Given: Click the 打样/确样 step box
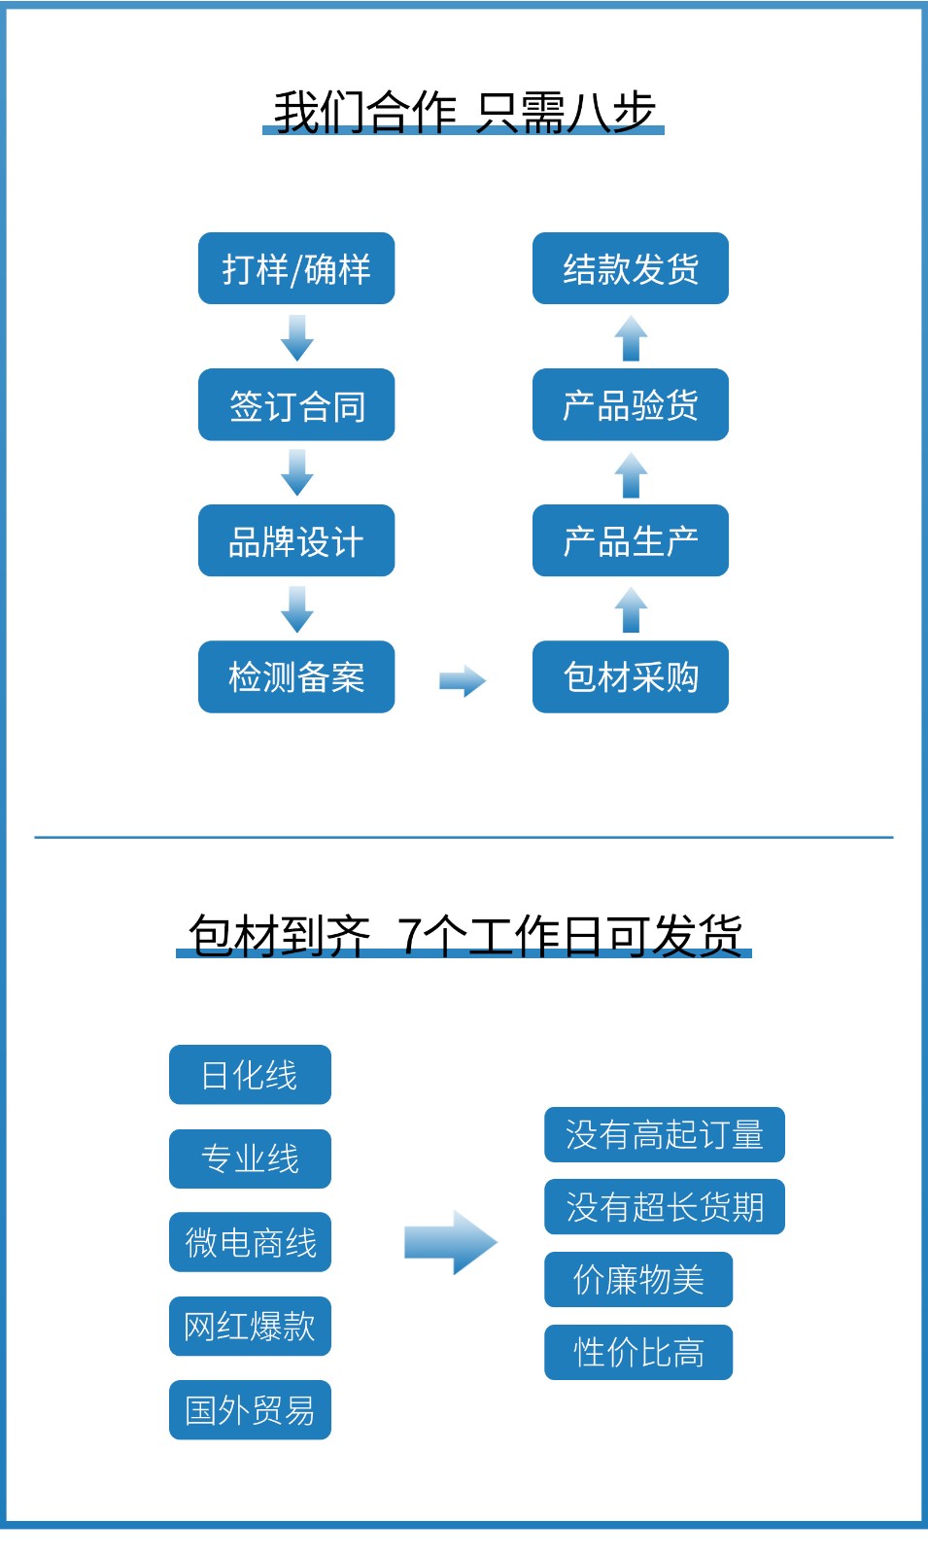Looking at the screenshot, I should click(x=296, y=268).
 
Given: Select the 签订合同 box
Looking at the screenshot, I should click(x=296, y=404).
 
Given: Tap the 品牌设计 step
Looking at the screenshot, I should click(x=296, y=540).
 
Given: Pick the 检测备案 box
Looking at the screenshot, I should click(x=296, y=676).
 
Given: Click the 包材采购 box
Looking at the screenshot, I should click(x=631, y=676).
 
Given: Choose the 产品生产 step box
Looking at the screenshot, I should click(x=631, y=540).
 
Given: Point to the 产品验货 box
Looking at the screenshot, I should click(x=631, y=404).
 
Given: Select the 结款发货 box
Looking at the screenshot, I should click(x=631, y=268).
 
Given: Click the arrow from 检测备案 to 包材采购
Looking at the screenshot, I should click(x=463, y=681).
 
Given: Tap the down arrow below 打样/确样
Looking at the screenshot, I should click(x=296, y=337).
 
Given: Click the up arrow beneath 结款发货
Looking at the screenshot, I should click(x=631, y=338).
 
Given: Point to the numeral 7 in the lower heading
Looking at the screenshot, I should click(x=410, y=936).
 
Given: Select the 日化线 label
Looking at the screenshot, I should click(x=250, y=1075).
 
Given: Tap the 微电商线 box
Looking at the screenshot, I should click(x=250, y=1242).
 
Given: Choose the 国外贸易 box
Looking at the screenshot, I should click(x=250, y=1409).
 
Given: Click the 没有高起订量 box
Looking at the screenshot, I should click(x=664, y=1134).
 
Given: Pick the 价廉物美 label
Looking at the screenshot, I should click(x=638, y=1279).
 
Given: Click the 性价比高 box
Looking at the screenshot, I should click(x=638, y=1352).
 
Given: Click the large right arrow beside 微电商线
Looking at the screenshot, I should click(x=451, y=1242).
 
